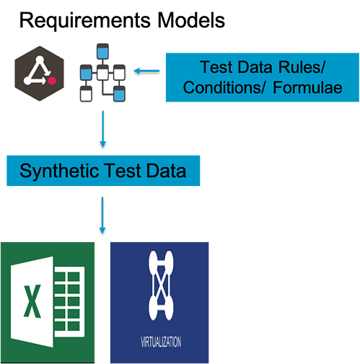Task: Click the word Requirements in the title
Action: point(85,21)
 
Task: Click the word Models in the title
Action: point(191,20)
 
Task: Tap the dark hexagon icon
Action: point(40,74)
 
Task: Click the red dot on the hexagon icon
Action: point(52,81)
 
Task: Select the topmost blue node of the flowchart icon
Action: point(102,51)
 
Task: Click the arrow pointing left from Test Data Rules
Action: point(146,71)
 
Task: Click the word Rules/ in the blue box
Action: point(302,67)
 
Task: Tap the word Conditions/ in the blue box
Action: point(224,87)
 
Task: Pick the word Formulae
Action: point(307,87)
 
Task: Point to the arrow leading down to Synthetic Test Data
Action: point(103,129)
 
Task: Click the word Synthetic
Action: point(60,172)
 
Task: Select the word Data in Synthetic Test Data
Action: point(166,171)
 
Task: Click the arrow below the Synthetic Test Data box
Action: point(102,216)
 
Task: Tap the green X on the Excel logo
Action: point(32,301)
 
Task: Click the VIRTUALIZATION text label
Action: point(161,342)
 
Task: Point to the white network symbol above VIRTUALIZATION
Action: point(161,285)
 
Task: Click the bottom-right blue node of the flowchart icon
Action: point(119,94)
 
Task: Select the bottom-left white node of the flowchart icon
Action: point(86,94)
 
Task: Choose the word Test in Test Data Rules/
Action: point(217,67)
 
